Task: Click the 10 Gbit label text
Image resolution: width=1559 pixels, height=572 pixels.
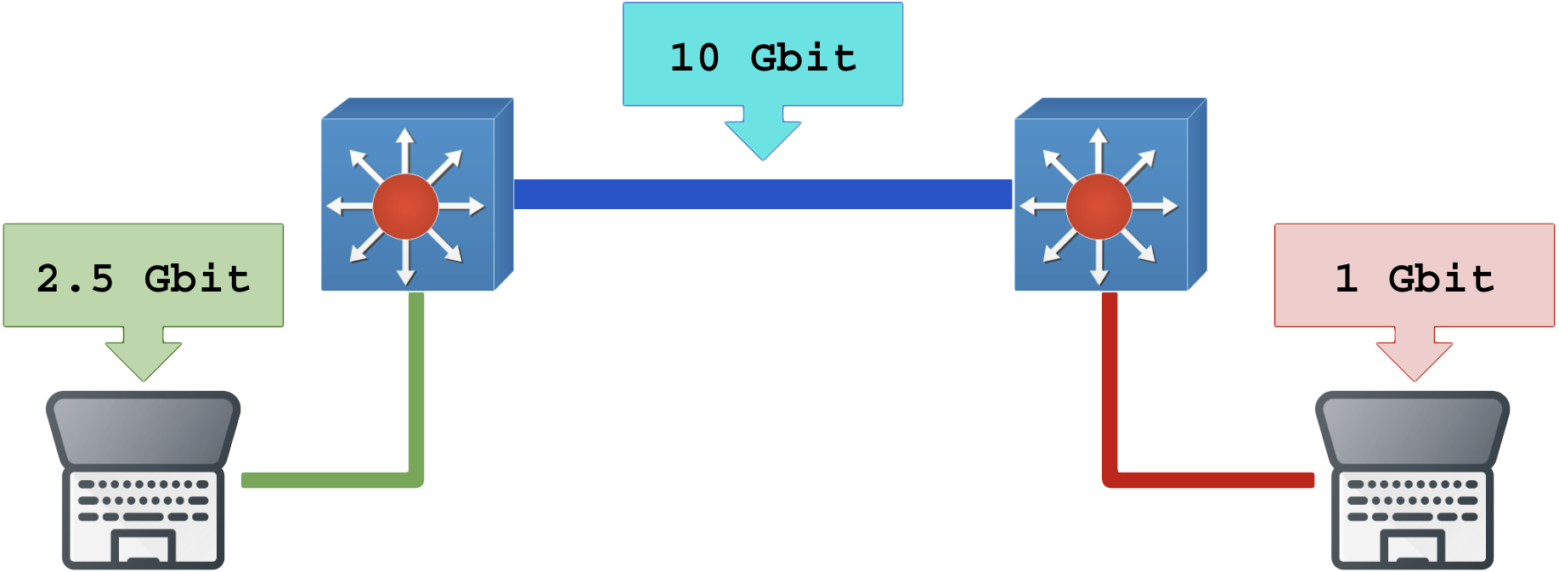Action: click(763, 57)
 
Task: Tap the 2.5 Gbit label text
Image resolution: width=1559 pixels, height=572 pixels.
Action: click(143, 278)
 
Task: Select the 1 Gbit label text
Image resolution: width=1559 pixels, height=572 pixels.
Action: click(1414, 278)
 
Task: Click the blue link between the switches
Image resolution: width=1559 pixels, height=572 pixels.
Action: click(763, 194)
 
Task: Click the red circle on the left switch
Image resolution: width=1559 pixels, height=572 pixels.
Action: click(405, 206)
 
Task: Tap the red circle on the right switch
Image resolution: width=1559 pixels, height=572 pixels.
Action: click(1099, 206)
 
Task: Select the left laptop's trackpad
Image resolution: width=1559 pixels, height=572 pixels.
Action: click(143, 547)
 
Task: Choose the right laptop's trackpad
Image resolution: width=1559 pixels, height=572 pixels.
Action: click(1412, 547)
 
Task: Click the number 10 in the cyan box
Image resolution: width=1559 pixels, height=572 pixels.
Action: click(695, 57)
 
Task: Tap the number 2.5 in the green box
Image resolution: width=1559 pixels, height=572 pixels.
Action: click(75, 278)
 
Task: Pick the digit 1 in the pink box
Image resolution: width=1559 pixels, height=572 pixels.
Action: click(1346, 278)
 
